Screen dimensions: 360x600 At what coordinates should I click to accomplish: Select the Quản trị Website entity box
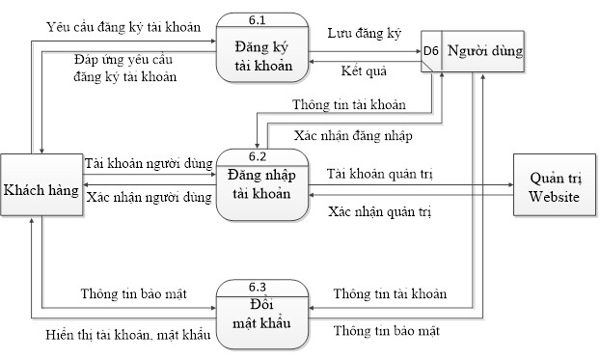554,188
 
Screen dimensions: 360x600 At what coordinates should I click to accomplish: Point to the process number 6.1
258,20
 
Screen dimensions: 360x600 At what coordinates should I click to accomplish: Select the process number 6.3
258,287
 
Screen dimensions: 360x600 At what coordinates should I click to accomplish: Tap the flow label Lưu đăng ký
365,33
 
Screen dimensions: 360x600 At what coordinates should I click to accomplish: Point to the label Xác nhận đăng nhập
353,136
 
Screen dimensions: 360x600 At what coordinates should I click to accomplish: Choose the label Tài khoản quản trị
378,174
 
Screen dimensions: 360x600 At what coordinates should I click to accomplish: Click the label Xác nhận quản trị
380,210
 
